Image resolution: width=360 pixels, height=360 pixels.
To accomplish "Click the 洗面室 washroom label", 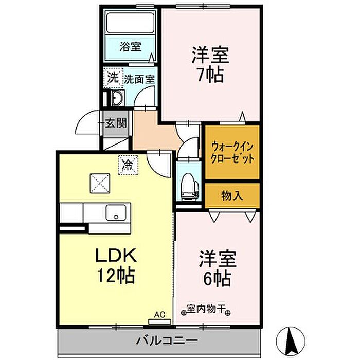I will pyautogui.click(x=139, y=80).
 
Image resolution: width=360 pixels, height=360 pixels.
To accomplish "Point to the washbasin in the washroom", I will pyautogui.click(x=116, y=99).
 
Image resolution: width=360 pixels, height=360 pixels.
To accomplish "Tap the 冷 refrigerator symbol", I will pyautogui.click(x=127, y=165).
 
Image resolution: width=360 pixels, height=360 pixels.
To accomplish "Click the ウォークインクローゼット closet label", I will pyautogui.click(x=232, y=152).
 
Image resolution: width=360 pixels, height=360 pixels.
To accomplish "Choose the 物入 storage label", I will pyautogui.click(x=232, y=195).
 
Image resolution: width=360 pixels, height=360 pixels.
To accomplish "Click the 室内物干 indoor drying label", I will pyautogui.click(x=206, y=310).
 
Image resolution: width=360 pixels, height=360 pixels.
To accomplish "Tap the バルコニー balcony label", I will pyautogui.click(x=159, y=340).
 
